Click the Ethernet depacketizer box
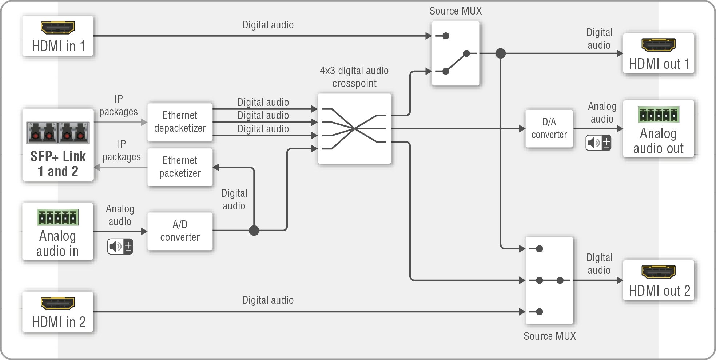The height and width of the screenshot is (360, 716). (x=180, y=122)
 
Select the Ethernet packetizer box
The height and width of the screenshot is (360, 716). (x=180, y=167)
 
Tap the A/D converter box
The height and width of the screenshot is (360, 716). (x=180, y=231)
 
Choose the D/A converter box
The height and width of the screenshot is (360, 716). (x=549, y=128)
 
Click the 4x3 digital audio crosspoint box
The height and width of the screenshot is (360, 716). (x=354, y=128)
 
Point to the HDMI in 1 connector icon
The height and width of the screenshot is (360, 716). (x=57, y=27)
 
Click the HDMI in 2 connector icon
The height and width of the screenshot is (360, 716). (x=57, y=303)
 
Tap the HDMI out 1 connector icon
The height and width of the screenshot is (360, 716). (x=658, y=45)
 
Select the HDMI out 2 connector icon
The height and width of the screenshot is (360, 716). (x=658, y=272)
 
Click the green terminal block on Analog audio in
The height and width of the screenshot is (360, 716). (x=57, y=217)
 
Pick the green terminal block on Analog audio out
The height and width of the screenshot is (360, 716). (x=658, y=115)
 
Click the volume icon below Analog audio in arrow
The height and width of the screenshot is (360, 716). (x=120, y=247)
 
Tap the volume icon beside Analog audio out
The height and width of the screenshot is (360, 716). (x=598, y=143)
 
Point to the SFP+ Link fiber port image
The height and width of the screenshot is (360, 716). (x=58, y=133)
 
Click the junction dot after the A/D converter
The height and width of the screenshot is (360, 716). (x=254, y=231)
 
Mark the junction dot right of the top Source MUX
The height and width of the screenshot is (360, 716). (x=501, y=53)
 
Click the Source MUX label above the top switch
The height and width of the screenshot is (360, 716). (x=456, y=11)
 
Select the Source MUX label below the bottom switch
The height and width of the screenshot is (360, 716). (x=549, y=336)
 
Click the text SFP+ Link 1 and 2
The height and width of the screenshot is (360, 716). (x=58, y=164)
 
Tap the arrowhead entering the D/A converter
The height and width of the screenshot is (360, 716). (x=522, y=128)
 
